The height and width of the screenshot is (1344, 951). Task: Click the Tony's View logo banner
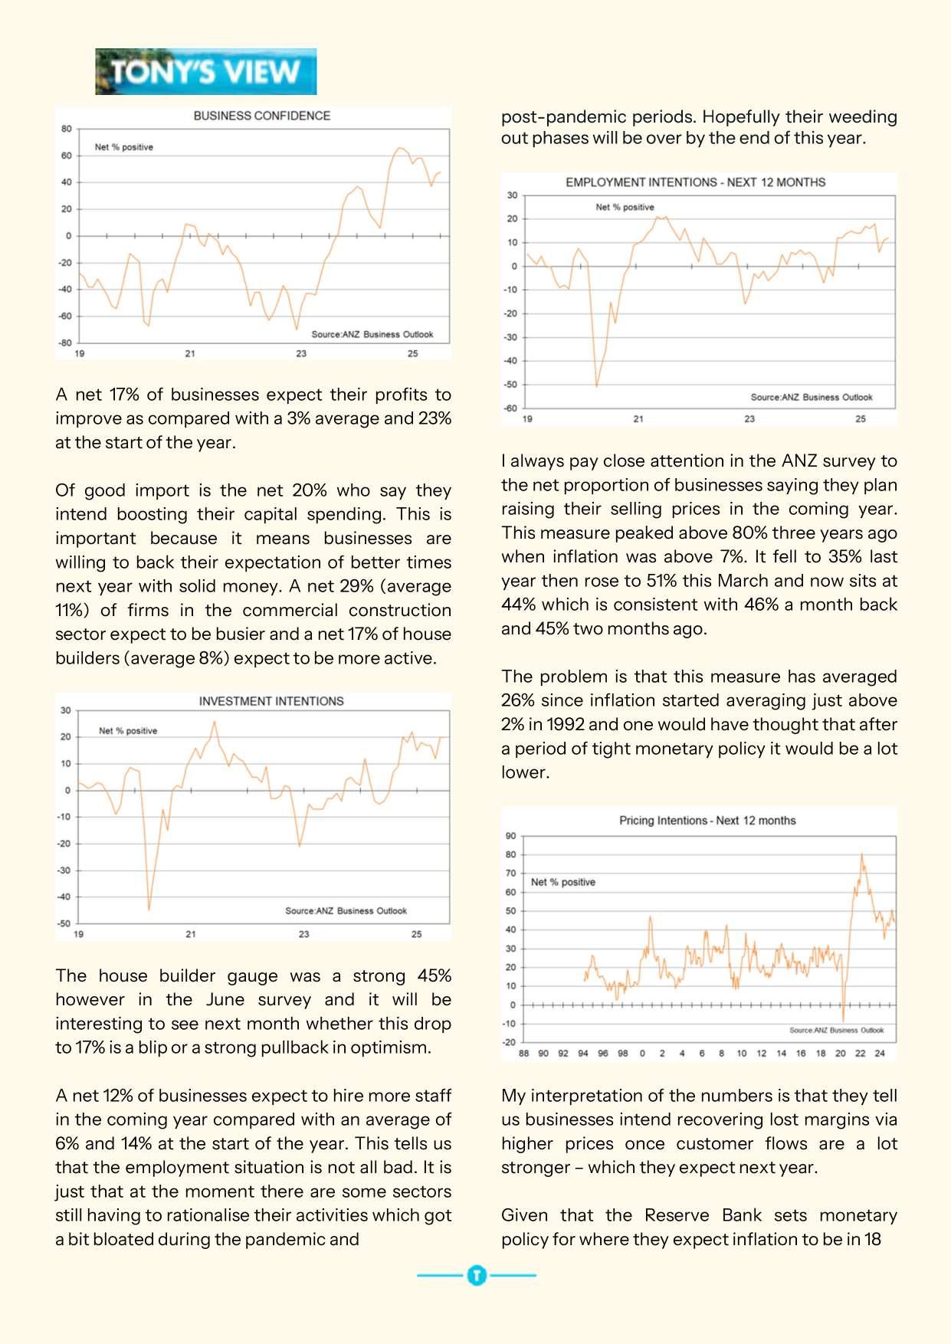(205, 71)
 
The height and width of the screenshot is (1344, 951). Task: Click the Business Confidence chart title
(261, 116)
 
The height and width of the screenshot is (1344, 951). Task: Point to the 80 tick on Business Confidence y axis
(67, 129)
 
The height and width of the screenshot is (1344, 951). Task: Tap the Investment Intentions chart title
(271, 701)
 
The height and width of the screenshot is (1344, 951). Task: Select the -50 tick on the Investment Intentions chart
(64, 923)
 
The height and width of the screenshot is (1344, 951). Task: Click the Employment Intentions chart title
(695, 182)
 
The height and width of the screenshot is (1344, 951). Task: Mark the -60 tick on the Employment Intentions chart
(510, 408)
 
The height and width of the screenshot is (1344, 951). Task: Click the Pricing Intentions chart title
(707, 821)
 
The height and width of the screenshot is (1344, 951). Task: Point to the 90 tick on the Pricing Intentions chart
(511, 836)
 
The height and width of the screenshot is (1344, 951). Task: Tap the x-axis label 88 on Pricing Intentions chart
(523, 1054)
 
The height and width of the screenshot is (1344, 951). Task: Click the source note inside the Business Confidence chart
(372, 334)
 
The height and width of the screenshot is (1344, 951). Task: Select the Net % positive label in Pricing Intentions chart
(562, 882)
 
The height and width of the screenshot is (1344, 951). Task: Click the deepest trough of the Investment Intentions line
(149, 909)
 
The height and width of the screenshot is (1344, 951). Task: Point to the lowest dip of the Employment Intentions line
(597, 385)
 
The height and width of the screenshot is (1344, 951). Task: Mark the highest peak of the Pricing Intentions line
(862, 854)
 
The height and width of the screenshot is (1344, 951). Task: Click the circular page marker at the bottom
(476, 1275)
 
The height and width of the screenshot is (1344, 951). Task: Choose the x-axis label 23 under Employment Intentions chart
(749, 419)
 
